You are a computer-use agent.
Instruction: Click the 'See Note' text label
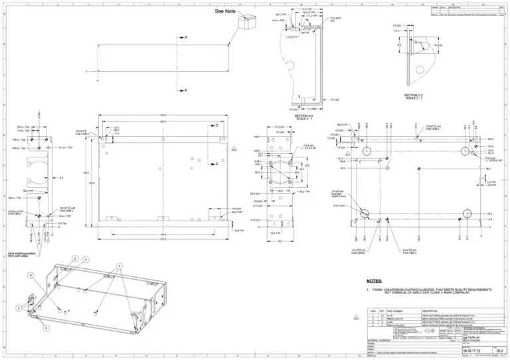(225, 11)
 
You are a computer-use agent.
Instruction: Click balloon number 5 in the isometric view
(31, 274)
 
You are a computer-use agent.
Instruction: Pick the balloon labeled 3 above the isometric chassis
(120, 266)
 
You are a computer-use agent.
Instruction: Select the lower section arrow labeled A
(185, 89)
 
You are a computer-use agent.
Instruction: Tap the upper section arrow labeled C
(216, 125)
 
